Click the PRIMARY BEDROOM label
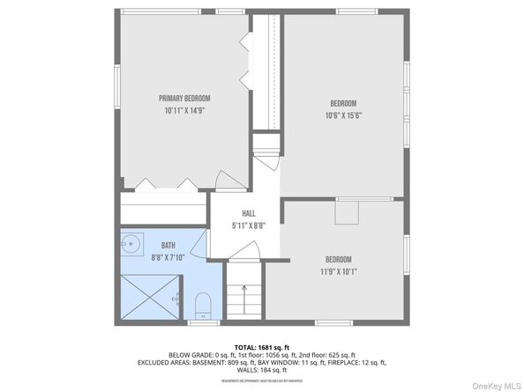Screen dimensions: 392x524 pyautogui.click(x=185, y=98)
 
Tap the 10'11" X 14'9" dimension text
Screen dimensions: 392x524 pyautogui.click(x=185, y=111)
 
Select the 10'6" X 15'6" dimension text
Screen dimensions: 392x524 pyautogui.click(x=345, y=115)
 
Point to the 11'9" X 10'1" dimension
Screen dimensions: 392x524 pyautogui.click(x=339, y=271)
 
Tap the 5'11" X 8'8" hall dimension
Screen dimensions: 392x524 pyautogui.click(x=250, y=226)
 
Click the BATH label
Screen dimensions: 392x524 pyautogui.click(x=168, y=246)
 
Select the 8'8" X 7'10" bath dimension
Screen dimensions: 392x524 pyautogui.click(x=168, y=258)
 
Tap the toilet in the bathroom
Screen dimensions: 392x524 pyautogui.click(x=203, y=305)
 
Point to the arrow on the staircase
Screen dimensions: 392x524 pyautogui.click(x=245, y=291)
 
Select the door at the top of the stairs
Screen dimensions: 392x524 pyautogui.click(x=244, y=253)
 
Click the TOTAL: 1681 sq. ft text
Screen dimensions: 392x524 pyautogui.click(x=262, y=349)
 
